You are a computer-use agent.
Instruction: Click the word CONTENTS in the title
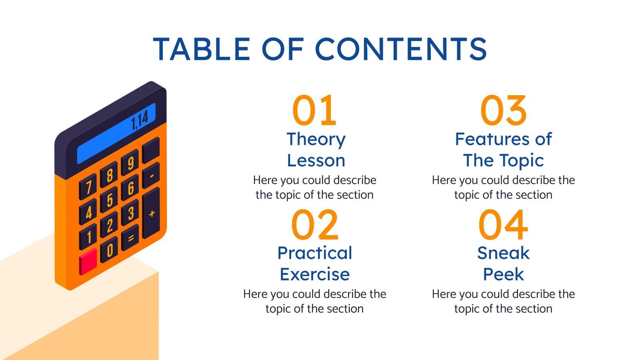tap(401, 49)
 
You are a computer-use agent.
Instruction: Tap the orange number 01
tap(314, 110)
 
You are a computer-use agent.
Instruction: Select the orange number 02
tap(314, 224)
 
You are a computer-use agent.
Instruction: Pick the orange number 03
tap(503, 110)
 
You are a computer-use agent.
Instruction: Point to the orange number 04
tap(503, 224)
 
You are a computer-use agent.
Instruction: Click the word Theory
tap(316, 139)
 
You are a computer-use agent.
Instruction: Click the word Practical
tap(315, 253)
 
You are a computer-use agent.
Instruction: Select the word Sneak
tap(503, 253)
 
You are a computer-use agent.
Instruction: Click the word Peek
tap(503, 274)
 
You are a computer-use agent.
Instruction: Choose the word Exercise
tap(315, 274)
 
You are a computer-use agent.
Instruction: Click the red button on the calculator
tap(88, 261)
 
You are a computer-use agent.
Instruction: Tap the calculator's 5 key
tap(110, 200)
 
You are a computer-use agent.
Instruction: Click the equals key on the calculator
tap(130, 238)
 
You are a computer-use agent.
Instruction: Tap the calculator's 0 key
tap(109, 250)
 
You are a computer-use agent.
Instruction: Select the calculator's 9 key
tap(130, 162)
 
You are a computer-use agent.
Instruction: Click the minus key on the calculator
tap(151, 175)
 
